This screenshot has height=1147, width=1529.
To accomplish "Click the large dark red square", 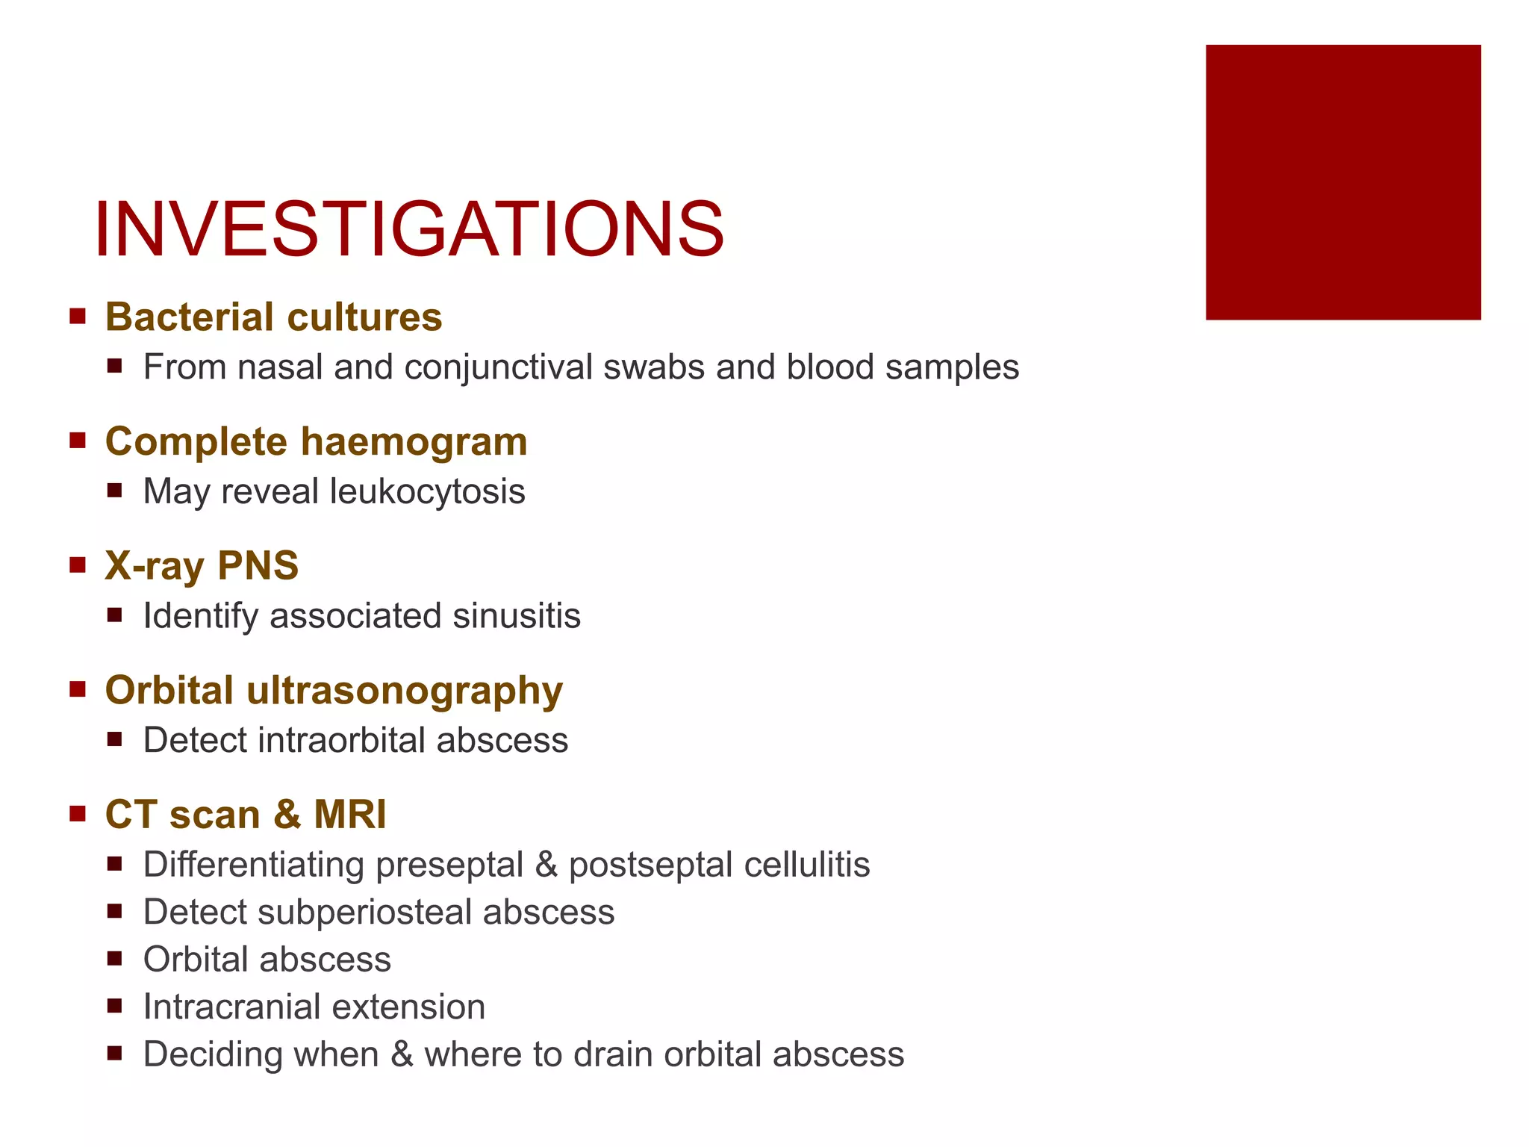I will click(x=1342, y=182).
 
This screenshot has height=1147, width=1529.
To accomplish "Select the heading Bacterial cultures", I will click(x=273, y=317).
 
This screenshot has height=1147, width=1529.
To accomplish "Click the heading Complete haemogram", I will click(x=316, y=441).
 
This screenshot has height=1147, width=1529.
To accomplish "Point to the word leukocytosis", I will click(x=427, y=492).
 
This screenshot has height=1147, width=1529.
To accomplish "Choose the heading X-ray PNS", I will click(x=202, y=565).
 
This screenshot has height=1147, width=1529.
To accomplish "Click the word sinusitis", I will click(x=517, y=616).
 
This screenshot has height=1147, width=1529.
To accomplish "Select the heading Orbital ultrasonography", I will click(x=334, y=690).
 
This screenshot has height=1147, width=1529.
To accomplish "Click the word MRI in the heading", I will click(x=349, y=814).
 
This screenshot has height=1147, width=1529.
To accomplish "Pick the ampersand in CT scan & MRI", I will click(x=287, y=814).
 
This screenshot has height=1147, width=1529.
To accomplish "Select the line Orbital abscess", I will click(x=267, y=960).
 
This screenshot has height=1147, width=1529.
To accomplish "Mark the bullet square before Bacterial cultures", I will click(x=78, y=316).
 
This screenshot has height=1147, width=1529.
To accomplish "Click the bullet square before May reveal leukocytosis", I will click(x=114, y=491).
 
